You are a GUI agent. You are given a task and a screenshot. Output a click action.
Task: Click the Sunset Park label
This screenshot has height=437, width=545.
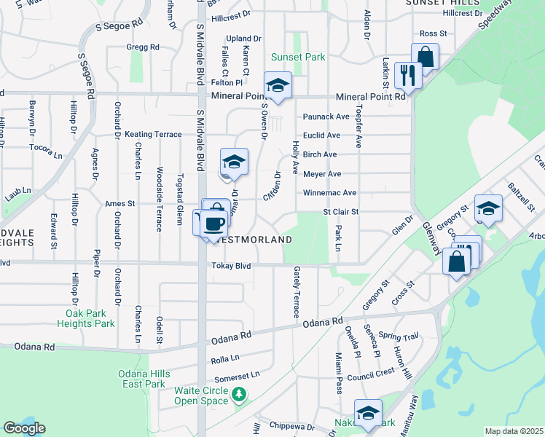coord(297,57)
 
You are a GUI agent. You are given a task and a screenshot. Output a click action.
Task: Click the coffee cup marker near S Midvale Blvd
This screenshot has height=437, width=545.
coord(213,223)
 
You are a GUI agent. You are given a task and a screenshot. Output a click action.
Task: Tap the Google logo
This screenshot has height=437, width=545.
coord(24,428)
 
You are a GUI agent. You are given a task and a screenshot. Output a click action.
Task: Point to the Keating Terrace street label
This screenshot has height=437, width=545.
coord(153,135)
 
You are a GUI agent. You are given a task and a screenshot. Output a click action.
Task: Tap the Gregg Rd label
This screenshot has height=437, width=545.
coord(143,47)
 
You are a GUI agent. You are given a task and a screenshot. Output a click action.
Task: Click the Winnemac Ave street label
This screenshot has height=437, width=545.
coord(330,193)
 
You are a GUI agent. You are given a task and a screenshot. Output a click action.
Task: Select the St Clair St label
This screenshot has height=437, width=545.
coord(342,212)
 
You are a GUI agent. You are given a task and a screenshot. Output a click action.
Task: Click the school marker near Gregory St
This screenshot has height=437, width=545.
coord(487,208)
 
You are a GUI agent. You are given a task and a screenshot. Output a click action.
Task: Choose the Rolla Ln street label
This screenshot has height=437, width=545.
coord(224,358)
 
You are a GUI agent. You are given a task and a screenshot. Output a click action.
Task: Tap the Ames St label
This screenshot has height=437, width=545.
coord(121,204)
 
